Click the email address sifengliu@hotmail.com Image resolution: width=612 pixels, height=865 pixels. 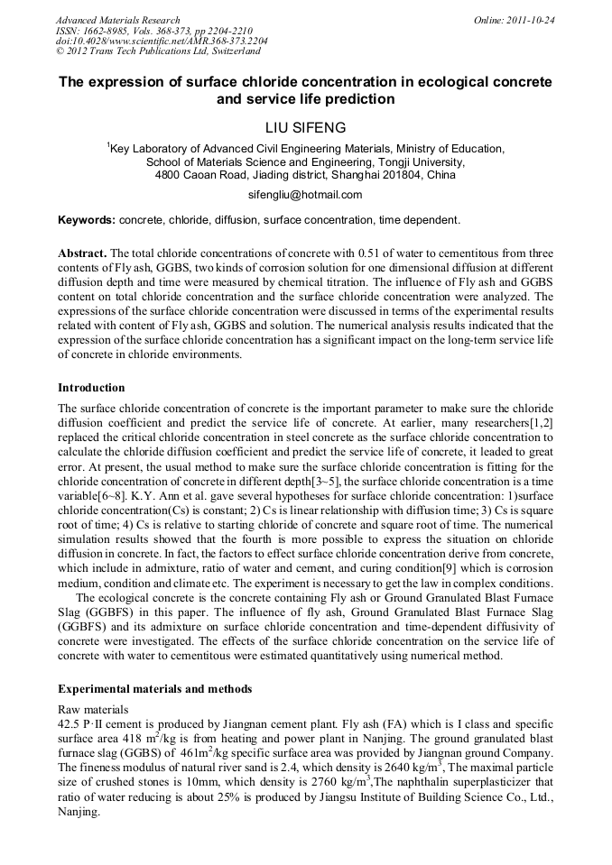305,195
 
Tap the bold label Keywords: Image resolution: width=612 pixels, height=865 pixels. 87,220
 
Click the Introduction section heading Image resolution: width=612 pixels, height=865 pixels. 91,388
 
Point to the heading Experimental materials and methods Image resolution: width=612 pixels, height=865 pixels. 154,689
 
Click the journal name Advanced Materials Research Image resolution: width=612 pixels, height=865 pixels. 117,20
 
